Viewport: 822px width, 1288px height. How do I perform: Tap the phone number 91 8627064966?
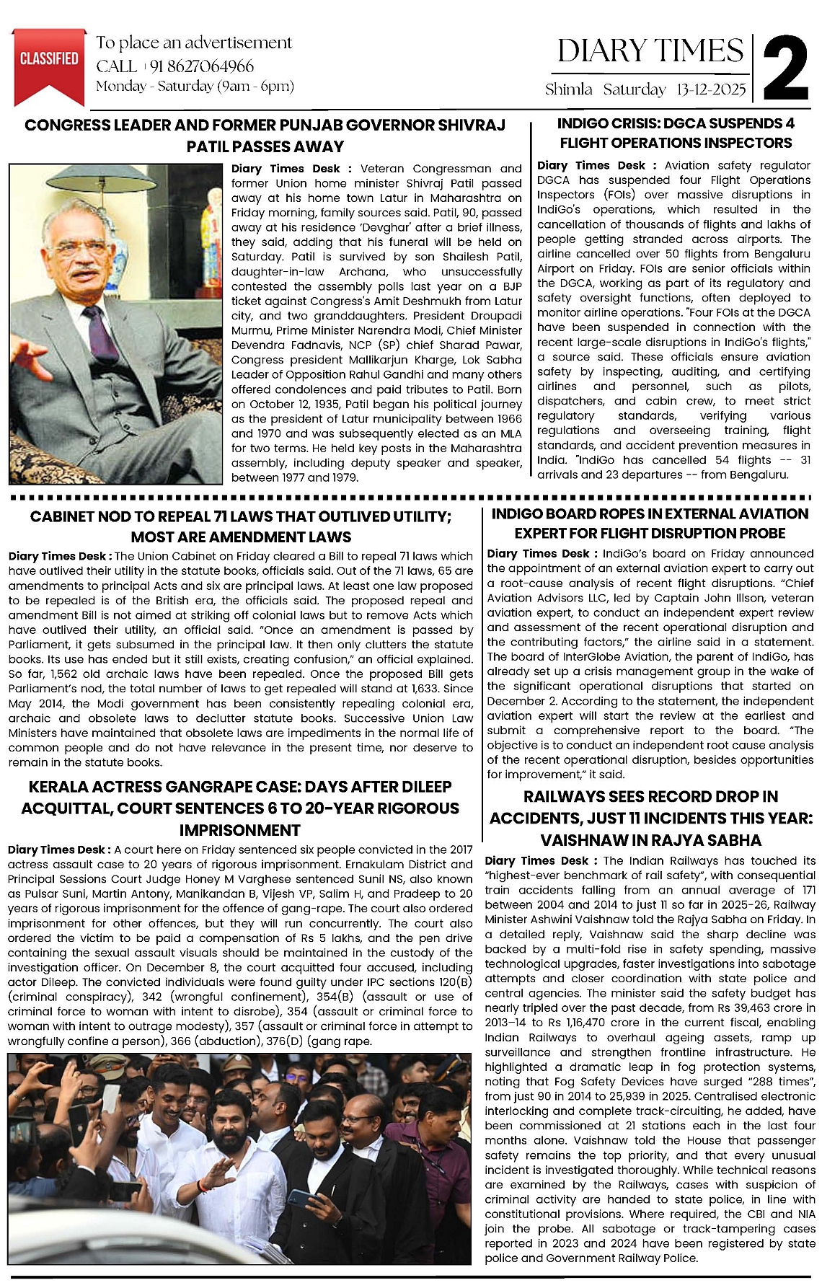[202, 66]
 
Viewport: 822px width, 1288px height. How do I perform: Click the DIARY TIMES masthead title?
[650, 51]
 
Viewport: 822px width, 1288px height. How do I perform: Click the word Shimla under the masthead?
[569, 90]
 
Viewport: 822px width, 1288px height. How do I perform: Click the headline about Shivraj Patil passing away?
[265, 136]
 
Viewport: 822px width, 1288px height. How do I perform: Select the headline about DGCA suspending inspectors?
[676, 133]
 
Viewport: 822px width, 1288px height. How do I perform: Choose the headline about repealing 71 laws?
[241, 526]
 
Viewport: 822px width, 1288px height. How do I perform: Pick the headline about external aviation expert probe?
[650, 524]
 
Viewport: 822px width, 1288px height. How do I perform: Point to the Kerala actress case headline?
[240, 808]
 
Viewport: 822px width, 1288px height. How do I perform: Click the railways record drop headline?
[650, 818]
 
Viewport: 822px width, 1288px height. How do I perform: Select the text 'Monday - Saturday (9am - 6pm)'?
[195, 87]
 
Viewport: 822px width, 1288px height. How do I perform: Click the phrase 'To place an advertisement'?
[194, 43]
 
